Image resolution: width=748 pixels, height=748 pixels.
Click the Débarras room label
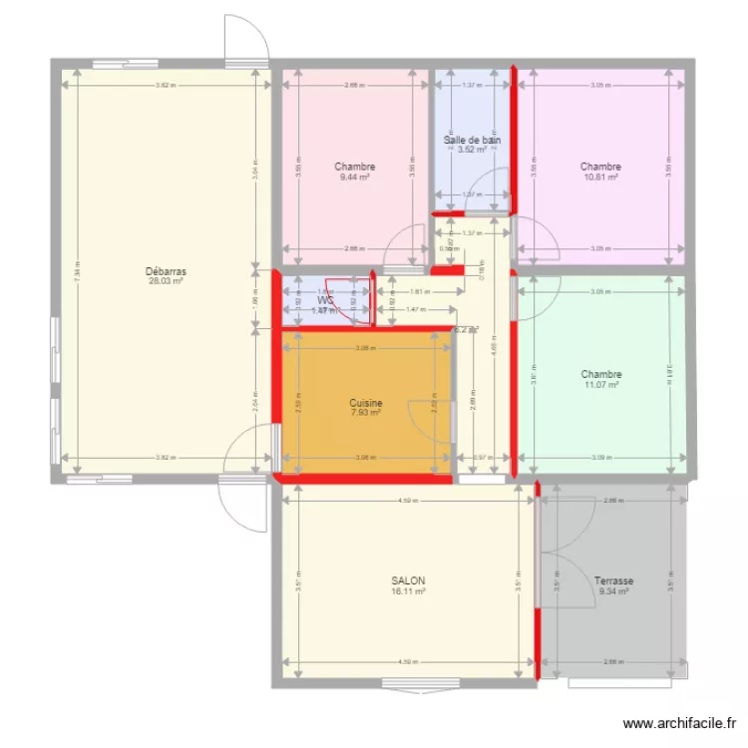[165, 270]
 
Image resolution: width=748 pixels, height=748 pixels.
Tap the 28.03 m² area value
[165, 281]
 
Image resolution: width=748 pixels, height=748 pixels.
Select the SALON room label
[408, 580]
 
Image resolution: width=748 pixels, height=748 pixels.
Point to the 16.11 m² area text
[408, 591]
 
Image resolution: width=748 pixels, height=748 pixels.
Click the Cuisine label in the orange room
[366, 404]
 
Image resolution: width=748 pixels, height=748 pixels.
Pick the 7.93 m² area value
[366, 414]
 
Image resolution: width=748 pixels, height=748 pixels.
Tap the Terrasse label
[613, 580]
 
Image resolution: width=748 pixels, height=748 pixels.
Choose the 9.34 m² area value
[613, 591]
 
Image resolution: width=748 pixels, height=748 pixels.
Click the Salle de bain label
[472, 141]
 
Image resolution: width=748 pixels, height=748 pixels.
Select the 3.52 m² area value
[472, 151]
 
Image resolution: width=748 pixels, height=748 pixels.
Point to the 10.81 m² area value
[601, 178]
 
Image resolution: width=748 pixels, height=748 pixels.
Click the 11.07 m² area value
[601, 385]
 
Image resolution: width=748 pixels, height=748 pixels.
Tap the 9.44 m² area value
[355, 178]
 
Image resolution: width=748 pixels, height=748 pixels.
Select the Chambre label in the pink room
[355, 167]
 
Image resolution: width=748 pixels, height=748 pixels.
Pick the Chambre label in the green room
[601, 375]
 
